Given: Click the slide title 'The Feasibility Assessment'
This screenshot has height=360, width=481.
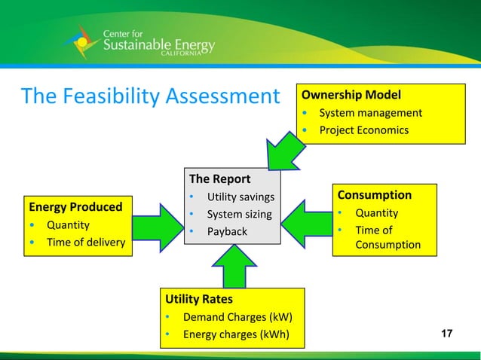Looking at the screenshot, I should (x=150, y=96).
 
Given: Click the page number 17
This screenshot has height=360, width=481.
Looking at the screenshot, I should (x=446, y=334).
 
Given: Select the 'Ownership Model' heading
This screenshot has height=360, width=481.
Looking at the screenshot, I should (x=351, y=95).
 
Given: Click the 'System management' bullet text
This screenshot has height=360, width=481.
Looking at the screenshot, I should (x=370, y=113).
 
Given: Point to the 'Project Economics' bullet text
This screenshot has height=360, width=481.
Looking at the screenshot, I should (x=363, y=130).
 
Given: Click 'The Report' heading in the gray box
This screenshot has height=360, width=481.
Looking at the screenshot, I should (x=219, y=179).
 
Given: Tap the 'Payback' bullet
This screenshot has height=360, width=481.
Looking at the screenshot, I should (x=227, y=231).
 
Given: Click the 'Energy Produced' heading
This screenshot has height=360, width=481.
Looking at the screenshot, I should (x=75, y=206).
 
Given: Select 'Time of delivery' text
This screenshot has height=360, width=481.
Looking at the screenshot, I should (x=86, y=242).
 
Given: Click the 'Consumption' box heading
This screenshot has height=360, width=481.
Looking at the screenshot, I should (x=374, y=195).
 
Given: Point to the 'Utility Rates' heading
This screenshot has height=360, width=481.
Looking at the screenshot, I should (x=199, y=299).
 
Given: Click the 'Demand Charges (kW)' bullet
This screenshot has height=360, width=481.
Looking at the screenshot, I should (x=237, y=317).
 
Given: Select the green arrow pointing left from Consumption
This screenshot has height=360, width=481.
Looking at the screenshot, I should (x=306, y=223).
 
